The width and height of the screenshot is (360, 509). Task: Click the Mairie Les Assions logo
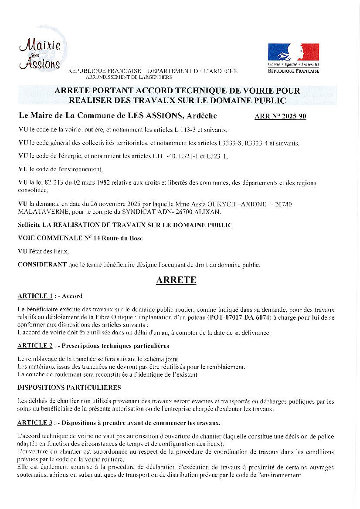pyautogui.click(x=40, y=54)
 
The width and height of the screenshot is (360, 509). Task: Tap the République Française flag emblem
pyautogui.click(x=293, y=52)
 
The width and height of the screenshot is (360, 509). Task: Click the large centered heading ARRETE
pyautogui.click(x=176, y=280)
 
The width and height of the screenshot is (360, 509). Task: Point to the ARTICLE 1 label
pyautogui.click(x=35, y=296)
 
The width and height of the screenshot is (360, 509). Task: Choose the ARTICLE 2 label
pyautogui.click(x=35, y=346)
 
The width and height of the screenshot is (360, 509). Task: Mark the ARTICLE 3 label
pyautogui.click(x=35, y=422)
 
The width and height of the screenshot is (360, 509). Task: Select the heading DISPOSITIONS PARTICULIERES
pyautogui.click(x=69, y=387)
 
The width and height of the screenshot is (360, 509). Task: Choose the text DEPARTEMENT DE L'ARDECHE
pyautogui.click(x=193, y=71)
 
